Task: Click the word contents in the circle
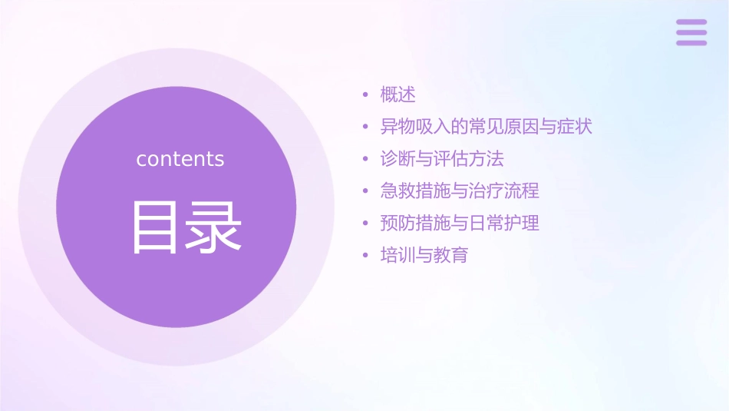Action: (180, 159)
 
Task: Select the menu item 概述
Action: (398, 94)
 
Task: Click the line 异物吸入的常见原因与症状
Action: (487, 127)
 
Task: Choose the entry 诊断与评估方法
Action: (442, 159)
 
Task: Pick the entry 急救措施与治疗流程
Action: (460, 191)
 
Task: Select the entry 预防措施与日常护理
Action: (460, 223)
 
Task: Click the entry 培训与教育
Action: (424, 255)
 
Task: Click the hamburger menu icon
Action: (691, 32)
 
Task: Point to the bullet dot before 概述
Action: (366, 95)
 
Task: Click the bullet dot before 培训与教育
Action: (366, 256)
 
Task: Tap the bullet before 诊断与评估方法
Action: (366, 160)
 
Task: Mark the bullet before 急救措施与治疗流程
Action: (366, 191)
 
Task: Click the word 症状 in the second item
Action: (575, 127)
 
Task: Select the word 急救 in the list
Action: (398, 191)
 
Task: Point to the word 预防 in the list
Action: (398, 223)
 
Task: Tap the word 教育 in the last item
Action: (450, 255)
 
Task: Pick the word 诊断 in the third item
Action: (398, 159)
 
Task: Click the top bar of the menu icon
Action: (691, 22)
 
